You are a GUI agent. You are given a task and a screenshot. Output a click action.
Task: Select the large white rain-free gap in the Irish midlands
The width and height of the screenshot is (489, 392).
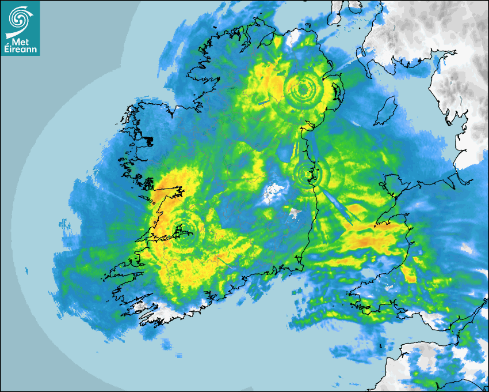pyautogui.click(x=274, y=193)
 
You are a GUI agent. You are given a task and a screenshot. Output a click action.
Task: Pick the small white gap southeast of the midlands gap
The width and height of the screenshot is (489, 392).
pyautogui.click(x=295, y=214)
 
